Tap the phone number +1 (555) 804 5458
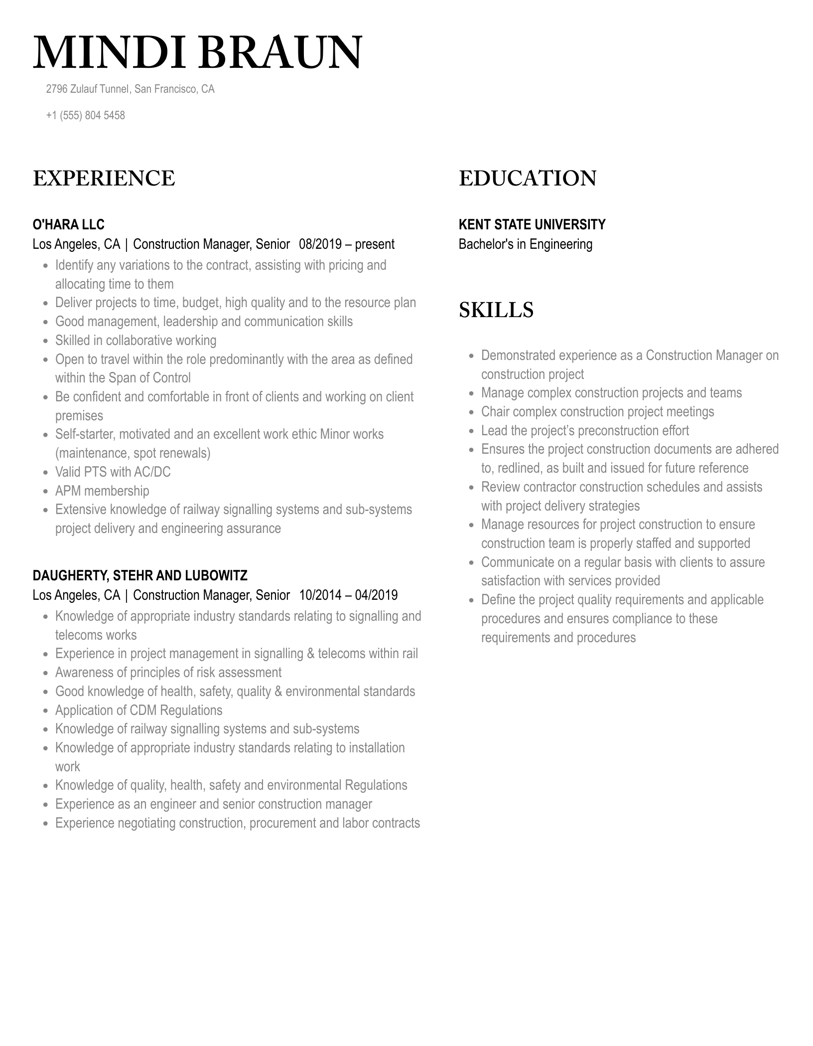coord(85,115)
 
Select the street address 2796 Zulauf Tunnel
coord(88,89)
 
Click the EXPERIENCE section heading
coord(104,178)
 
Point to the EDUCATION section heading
coord(527,178)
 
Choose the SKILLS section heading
coord(496,310)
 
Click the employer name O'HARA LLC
coord(68,224)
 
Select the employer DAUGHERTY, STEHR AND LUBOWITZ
coord(139,575)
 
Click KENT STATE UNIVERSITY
coord(532,224)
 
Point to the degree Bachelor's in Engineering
coord(525,244)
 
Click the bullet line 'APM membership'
coord(102,491)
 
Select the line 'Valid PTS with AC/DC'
coord(113,472)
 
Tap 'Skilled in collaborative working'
coord(135,341)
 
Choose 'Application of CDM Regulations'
coord(138,710)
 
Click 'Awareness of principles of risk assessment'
coord(168,673)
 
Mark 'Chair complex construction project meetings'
coord(597,412)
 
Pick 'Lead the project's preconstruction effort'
coord(585,431)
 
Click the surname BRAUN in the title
coord(282,53)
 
